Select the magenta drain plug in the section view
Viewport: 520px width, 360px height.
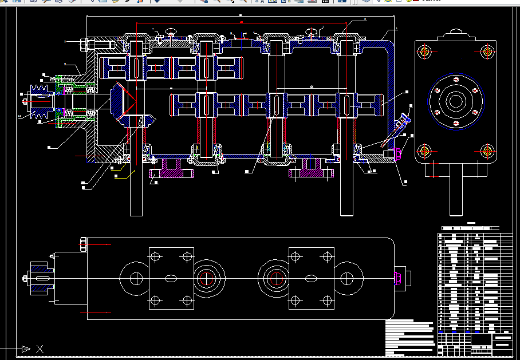click(x=399, y=153)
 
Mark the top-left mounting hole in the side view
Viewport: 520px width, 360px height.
click(x=424, y=52)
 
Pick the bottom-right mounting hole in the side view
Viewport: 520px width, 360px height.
click(x=487, y=151)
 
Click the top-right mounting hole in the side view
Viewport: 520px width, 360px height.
click(x=487, y=52)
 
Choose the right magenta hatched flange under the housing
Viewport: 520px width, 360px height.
click(x=313, y=170)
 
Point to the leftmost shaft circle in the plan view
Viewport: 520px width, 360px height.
click(x=136, y=279)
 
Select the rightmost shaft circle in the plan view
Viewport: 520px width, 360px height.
click(x=347, y=279)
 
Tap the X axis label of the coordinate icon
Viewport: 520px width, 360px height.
click(x=40, y=349)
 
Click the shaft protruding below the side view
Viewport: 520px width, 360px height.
click(x=455, y=195)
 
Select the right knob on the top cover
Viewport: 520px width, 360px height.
click(x=311, y=31)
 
